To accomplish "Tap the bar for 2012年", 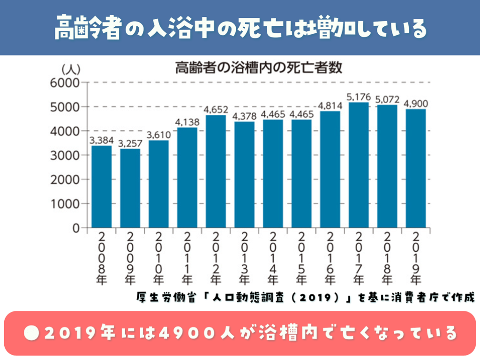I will coord(216,172).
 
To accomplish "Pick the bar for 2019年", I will coord(416,168).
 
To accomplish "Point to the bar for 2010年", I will coord(158,184).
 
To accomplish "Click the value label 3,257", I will coord(130,143).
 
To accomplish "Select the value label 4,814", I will coord(330,105).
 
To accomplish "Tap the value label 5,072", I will coord(387,99).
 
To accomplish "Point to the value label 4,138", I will coord(187,122).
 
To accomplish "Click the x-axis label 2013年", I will coord(244,258).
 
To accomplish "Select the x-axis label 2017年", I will coord(359,258).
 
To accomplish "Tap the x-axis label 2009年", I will coord(130,258).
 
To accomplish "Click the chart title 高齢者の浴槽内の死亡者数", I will coord(259,68).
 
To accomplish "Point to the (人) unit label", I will coord(71,69).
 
